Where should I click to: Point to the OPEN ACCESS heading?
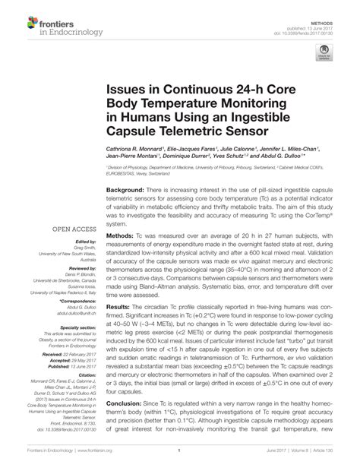(72, 227)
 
